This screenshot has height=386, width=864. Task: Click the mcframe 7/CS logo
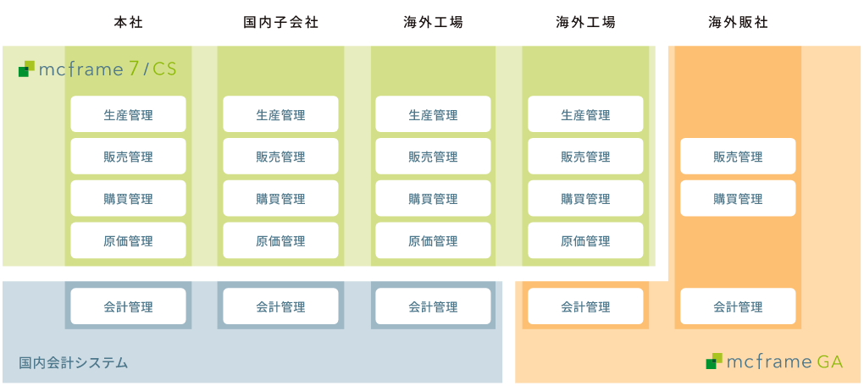[97, 69]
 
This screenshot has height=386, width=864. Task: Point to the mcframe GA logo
[774, 362]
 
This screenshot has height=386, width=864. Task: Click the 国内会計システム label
[74, 363]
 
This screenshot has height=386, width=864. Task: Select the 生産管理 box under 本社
[128, 114]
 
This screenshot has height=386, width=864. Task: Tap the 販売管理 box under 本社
[128, 157]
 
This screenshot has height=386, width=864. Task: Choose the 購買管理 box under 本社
[128, 199]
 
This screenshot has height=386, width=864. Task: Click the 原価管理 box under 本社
[128, 241]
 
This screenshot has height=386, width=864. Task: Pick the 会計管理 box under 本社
[128, 306]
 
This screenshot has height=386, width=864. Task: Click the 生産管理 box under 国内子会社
[280, 114]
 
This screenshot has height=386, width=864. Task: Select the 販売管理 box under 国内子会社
[280, 157]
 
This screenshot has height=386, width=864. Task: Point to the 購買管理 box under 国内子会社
[280, 199]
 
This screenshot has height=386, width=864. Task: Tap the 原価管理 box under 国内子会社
[280, 241]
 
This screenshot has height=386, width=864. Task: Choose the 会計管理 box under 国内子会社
[280, 306]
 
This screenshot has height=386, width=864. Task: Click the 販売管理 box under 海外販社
[738, 157]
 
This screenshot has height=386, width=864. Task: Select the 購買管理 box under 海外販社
[738, 199]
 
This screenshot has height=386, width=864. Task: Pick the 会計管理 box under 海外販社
[738, 306]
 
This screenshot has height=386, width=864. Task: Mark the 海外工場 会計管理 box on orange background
[585, 306]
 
